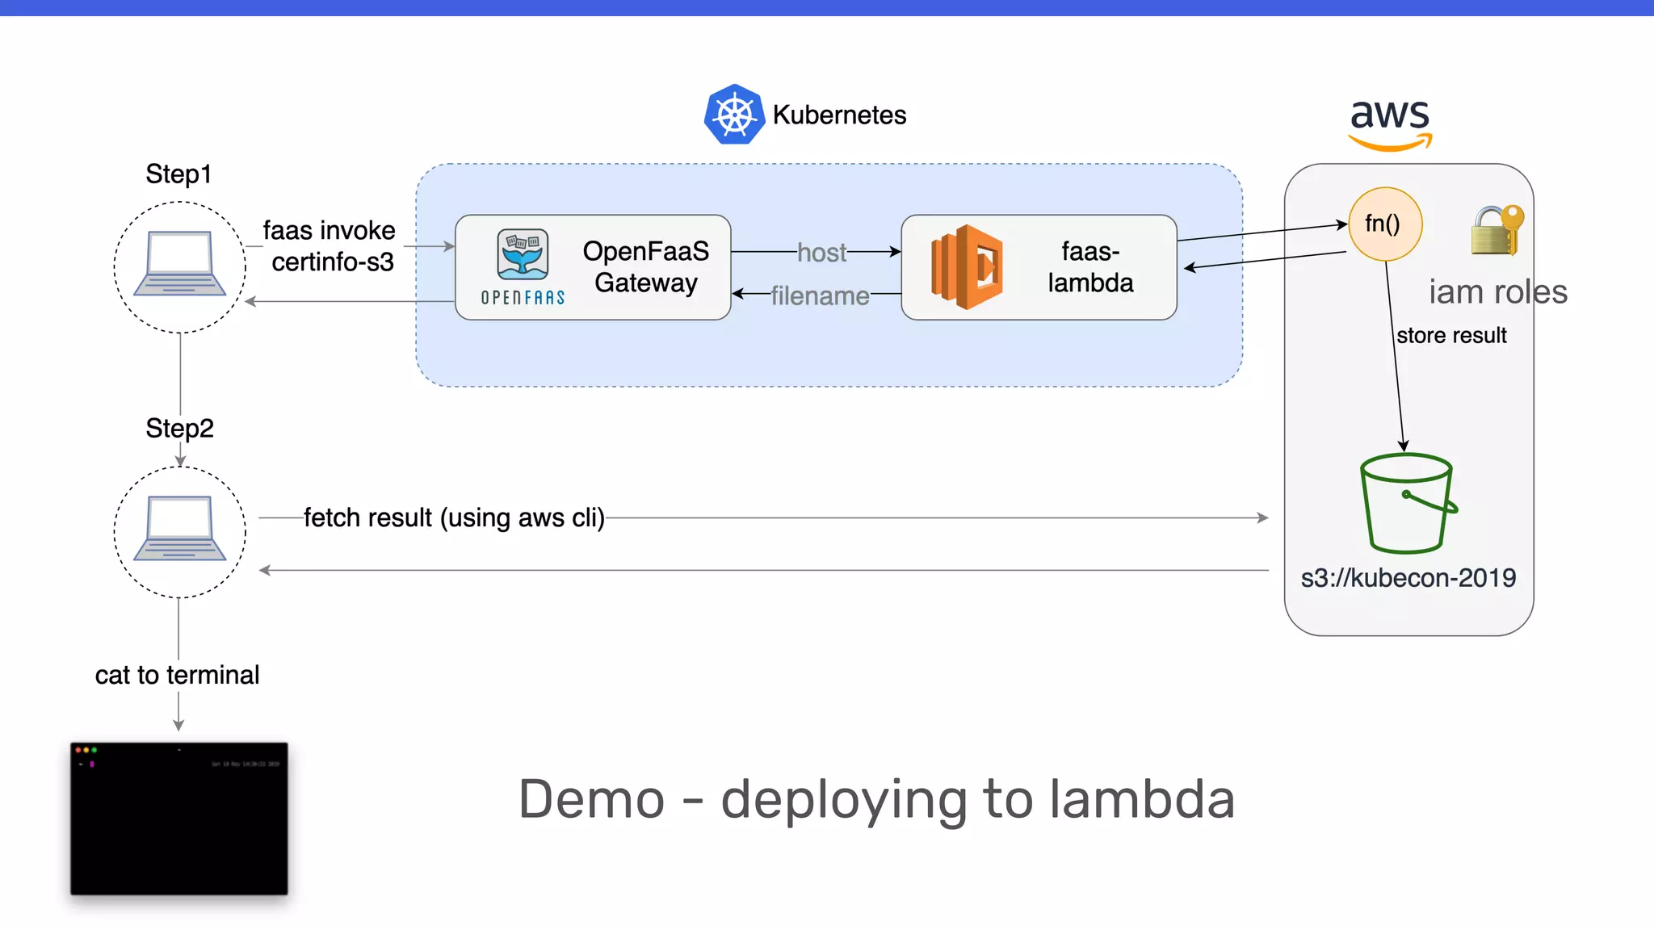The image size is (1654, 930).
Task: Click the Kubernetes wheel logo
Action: click(x=734, y=115)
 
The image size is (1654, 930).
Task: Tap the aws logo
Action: click(x=1390, y=123)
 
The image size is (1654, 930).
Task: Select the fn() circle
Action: click(x=1384, y=224)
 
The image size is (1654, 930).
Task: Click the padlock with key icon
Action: click(x=1497, y=231)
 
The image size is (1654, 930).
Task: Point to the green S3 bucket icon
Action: click(x=1407, y=504)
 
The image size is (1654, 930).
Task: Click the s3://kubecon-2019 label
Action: click(x=1408, y=578)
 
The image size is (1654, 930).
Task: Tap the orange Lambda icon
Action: click(x=967, y=267)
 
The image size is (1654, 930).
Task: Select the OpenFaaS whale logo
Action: click(x=523, y=254)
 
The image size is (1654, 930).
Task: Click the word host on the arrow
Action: click(x=821, y=253)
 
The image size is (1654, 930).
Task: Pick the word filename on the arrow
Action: click(x=820, y=295)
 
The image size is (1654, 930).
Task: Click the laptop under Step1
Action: click(x=179, y=264)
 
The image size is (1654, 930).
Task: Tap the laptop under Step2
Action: click(x=179, y=529)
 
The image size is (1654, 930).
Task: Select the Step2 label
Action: click(x=179, y=428)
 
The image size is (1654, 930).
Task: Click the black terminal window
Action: click(x=178, y=818)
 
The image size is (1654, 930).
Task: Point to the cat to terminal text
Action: click(x=177, y=675)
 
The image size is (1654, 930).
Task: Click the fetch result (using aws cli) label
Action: click(x=454, y=517)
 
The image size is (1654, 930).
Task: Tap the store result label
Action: click(x=1451, y=335)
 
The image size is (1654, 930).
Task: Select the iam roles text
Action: click(x=1497, y=291)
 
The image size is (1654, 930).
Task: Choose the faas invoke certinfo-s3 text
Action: click(x=330, y=246)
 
